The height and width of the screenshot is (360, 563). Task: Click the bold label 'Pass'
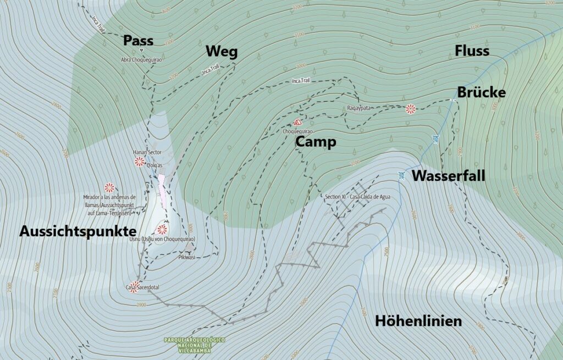click(138, 40)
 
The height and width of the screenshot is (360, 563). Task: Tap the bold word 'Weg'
click(222, 52)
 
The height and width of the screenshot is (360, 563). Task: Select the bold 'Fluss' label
click(472, 51)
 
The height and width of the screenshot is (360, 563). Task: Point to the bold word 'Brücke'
click(481, 92)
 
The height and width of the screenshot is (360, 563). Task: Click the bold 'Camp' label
click(316, 142)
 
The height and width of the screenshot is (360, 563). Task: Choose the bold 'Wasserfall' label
click(448, 176)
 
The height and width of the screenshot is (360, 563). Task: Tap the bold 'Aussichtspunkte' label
click(78, 231)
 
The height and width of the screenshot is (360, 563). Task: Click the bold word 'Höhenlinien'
click(418, 321)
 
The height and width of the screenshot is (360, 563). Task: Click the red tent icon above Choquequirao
click(297, 123)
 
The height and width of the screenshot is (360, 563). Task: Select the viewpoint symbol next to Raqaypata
click(410, 109)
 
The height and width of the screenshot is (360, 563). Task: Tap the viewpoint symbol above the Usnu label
click(162, 229)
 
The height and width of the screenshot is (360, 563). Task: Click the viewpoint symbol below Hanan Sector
click(140, 162)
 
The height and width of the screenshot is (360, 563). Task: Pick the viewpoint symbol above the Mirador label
click(109, 187)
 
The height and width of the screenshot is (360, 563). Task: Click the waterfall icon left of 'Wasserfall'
click(402, 176)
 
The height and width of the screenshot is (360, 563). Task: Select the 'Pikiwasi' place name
click(187, 257)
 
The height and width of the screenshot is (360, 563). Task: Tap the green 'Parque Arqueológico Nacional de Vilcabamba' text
click(194, 345)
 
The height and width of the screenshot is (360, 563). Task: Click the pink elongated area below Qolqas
click(162, 189)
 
